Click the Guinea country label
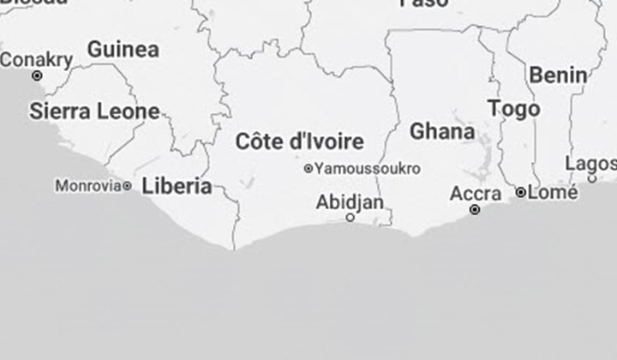click(123, 50)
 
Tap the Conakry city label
click(36, 60)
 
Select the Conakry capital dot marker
click(37, 75)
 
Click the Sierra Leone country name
click(94, 111)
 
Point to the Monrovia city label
click(87, 185)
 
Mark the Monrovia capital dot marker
click(127, 185)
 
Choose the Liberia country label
click(177, 185)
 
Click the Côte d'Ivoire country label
click(299, 141)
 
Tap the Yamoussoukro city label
click(367, 169)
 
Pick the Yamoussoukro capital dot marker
click(308, 169)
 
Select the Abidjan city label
click(350, 202)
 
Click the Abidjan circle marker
click(350, 218)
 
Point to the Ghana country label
click(442, 132)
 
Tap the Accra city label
click(475, 195)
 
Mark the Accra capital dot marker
click(475, 209)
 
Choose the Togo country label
click(514, 109)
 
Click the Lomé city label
click(553, 193)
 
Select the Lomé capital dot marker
click(520, 193)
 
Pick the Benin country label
click(558, 75)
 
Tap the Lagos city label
click(591, 164)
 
